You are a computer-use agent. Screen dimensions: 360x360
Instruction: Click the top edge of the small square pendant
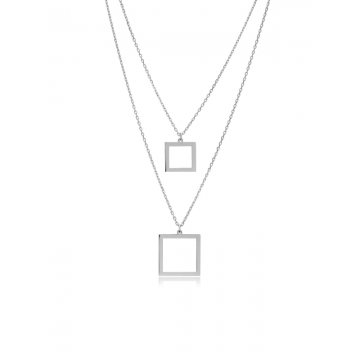179,142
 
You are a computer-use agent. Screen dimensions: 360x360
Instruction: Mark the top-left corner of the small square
166,142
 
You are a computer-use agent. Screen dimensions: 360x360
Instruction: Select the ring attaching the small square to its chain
179,138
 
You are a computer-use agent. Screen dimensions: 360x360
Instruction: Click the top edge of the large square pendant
179,234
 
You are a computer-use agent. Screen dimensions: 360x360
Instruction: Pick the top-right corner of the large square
202,234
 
